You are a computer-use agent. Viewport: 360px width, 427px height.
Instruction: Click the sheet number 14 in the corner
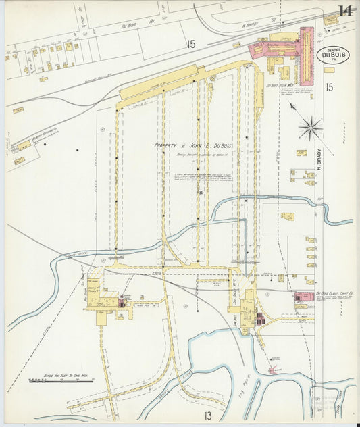345,11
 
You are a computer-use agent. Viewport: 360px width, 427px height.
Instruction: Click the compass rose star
311,126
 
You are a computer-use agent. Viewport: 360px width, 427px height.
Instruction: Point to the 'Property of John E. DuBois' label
192,145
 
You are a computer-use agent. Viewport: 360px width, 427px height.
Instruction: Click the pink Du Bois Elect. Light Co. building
304,297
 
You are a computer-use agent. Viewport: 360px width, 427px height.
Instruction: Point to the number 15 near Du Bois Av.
191,45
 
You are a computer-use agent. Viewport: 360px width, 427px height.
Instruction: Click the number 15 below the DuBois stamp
328,86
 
